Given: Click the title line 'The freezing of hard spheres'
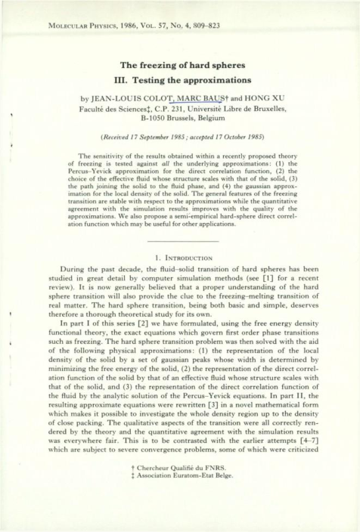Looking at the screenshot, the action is coord(179,65).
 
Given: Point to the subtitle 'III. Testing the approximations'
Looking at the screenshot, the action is coord(179,81).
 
